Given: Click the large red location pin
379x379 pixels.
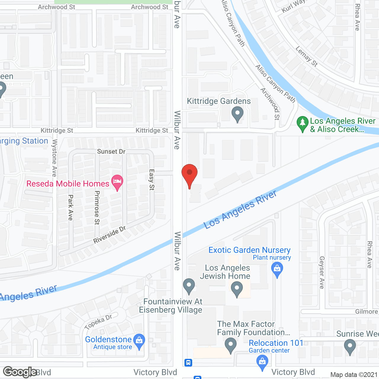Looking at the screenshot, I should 189,174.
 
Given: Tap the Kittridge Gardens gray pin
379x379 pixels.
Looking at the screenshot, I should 237,114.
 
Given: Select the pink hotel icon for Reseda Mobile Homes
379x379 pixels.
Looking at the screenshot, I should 117,182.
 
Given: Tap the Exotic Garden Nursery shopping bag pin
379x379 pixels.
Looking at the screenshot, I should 277,269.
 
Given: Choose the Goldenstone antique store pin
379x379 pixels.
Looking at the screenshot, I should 139,341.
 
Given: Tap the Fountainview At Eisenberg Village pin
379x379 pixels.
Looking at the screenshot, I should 189,285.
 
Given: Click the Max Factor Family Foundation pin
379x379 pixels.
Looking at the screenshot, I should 231,345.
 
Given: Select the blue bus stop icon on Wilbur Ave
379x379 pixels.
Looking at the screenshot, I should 188,362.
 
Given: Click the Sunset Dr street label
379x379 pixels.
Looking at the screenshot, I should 111,152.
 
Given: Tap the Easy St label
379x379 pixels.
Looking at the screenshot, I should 152,179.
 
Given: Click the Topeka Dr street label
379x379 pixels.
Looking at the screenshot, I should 98,322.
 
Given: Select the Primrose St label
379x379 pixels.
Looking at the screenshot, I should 97,208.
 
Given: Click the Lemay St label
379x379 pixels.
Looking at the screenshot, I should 306,56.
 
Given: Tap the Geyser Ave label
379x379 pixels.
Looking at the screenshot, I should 322,272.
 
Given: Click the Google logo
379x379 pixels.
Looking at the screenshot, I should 20,372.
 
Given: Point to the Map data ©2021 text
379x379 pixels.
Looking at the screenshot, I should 354,375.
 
